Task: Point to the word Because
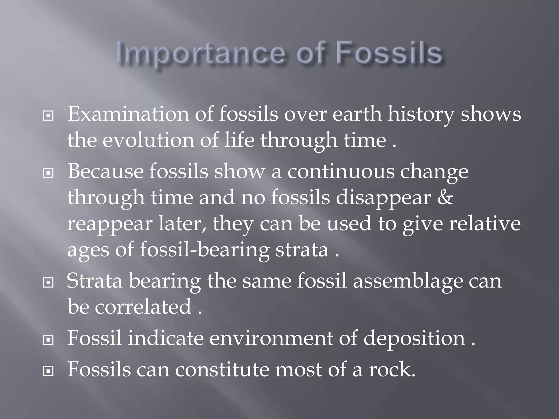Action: [105, 171]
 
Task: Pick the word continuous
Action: [341, 171]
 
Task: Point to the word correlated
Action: [143, 306]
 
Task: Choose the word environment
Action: [271, 338]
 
